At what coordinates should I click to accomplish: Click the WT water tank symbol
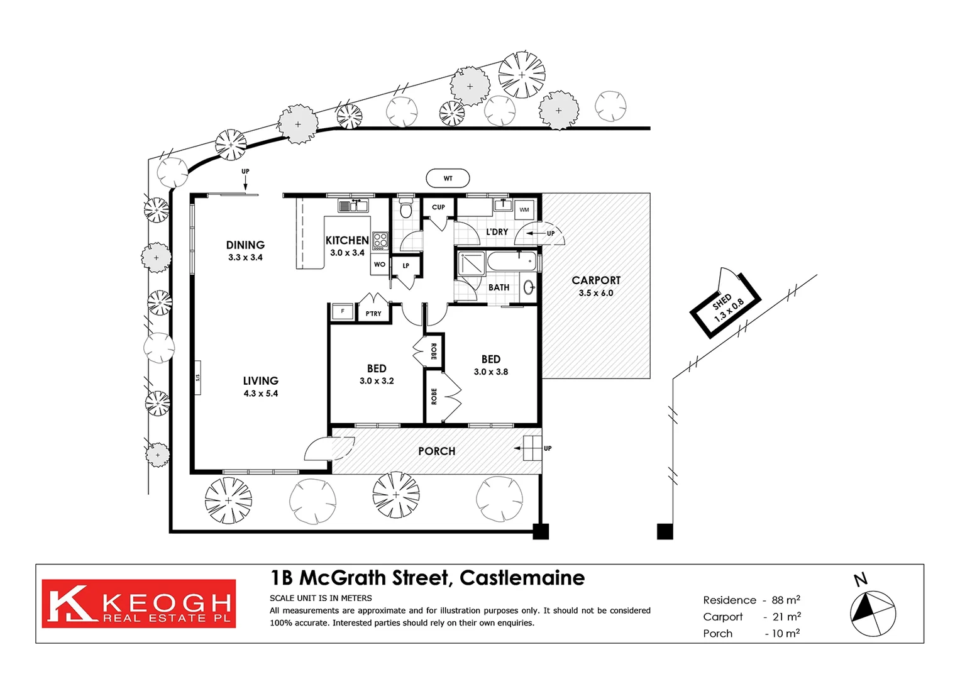pos(448,179)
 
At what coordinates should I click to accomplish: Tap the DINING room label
pos(245,245)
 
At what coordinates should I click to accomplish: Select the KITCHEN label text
pos(346,240)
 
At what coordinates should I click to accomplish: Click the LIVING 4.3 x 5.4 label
pos(260,387)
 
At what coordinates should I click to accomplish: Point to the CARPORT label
pos(595,280)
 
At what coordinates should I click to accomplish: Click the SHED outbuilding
pos(726,304)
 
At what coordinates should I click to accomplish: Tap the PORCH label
pos(436,451)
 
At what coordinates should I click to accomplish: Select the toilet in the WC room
pos(406,208)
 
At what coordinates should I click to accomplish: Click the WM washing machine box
pos(524,209)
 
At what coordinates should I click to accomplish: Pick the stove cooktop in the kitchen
pos(380,240)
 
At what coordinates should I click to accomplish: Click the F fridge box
pos(343,311)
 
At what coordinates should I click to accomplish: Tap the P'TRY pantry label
pos(373,313)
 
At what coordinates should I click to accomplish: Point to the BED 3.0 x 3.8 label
pos(491,365)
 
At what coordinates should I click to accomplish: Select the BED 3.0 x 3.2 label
pos(377,374)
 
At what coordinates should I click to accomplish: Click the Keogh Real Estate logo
pos(139,604)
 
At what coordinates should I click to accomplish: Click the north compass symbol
pos(873,612)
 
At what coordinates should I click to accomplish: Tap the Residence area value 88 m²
pos(786,600)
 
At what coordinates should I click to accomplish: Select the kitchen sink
pos(353,206)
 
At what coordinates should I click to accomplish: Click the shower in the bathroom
pos(472,263)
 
